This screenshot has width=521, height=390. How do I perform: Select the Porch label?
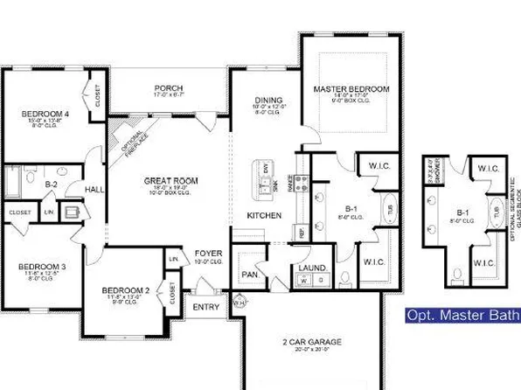(167, 88)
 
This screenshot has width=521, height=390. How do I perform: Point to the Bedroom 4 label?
(36, 112)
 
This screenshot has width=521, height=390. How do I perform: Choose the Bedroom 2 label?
(123, 290)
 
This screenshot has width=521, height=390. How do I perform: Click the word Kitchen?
(263, 214)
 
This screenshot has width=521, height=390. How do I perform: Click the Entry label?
(206, 307)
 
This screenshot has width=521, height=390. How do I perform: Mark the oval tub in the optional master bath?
(496, 211)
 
